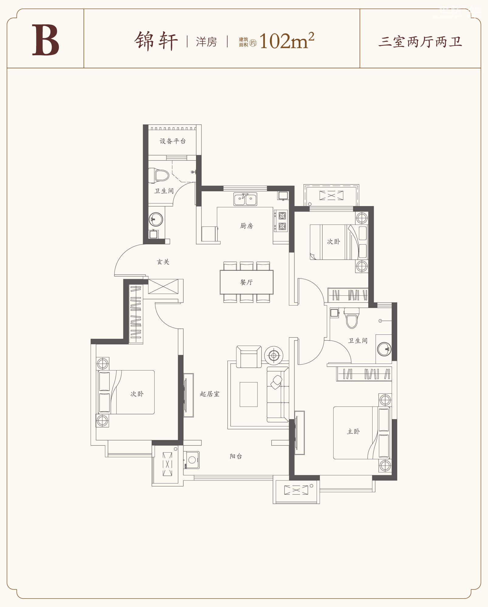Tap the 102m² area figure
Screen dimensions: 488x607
pos(287,41)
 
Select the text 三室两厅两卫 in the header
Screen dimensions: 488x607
pos(420,42)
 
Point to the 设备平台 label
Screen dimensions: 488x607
pos(173,141)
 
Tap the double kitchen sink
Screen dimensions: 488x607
pos(245,199)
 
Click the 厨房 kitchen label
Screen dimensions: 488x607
pos(246,226)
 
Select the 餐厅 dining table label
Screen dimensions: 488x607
pos(246,282)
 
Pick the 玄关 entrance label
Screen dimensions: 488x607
pos(163,262)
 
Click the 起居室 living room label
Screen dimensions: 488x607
pos(210,394)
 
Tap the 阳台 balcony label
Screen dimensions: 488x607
pos(236,456)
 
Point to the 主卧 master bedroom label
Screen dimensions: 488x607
pos(353,432)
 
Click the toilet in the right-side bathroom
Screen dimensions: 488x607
pos(352,318)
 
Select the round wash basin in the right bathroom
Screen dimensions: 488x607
pos(384,349)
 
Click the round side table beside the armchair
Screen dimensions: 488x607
pos(274,355)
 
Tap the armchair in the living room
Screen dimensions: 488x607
pos(249,357)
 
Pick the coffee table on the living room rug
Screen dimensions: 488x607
pos(249,394)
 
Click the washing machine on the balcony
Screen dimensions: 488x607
pos(191,460)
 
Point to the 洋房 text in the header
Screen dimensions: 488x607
pos(207,42)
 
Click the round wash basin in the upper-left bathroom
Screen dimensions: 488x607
pos(156,219)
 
